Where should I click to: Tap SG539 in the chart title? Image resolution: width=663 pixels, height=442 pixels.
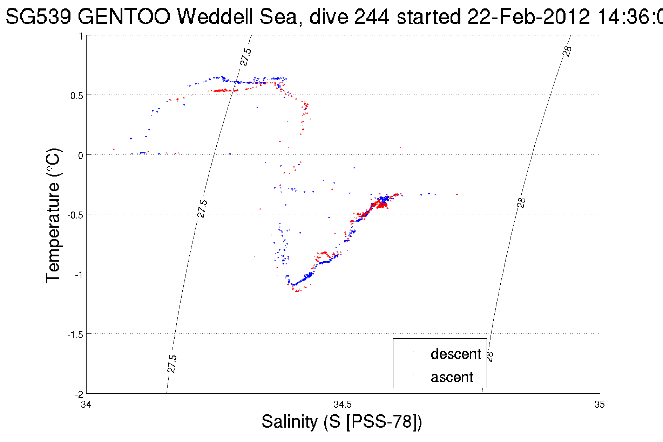(39, 16)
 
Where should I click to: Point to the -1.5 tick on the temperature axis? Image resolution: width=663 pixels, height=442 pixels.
(75, 334)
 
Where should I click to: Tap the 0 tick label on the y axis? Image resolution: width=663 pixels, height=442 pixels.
(81, 156)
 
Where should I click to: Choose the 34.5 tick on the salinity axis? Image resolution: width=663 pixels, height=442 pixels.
(343, 405)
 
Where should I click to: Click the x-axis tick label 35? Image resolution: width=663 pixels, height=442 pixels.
(599, 405)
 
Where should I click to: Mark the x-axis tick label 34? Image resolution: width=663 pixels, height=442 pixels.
(86, 405)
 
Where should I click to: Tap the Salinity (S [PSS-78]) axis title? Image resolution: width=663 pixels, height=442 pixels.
(342, 421)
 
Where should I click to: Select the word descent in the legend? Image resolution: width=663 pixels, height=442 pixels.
(456, 354)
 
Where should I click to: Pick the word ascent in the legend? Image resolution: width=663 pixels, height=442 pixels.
(452, 377)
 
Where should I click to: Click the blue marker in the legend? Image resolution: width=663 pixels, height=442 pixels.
(413, 352)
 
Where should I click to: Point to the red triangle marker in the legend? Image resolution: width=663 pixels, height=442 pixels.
(413, 374)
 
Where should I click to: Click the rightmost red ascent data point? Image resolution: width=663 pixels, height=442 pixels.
(457, 194)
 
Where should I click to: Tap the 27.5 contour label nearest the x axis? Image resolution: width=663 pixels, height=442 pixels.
(171, 364)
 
